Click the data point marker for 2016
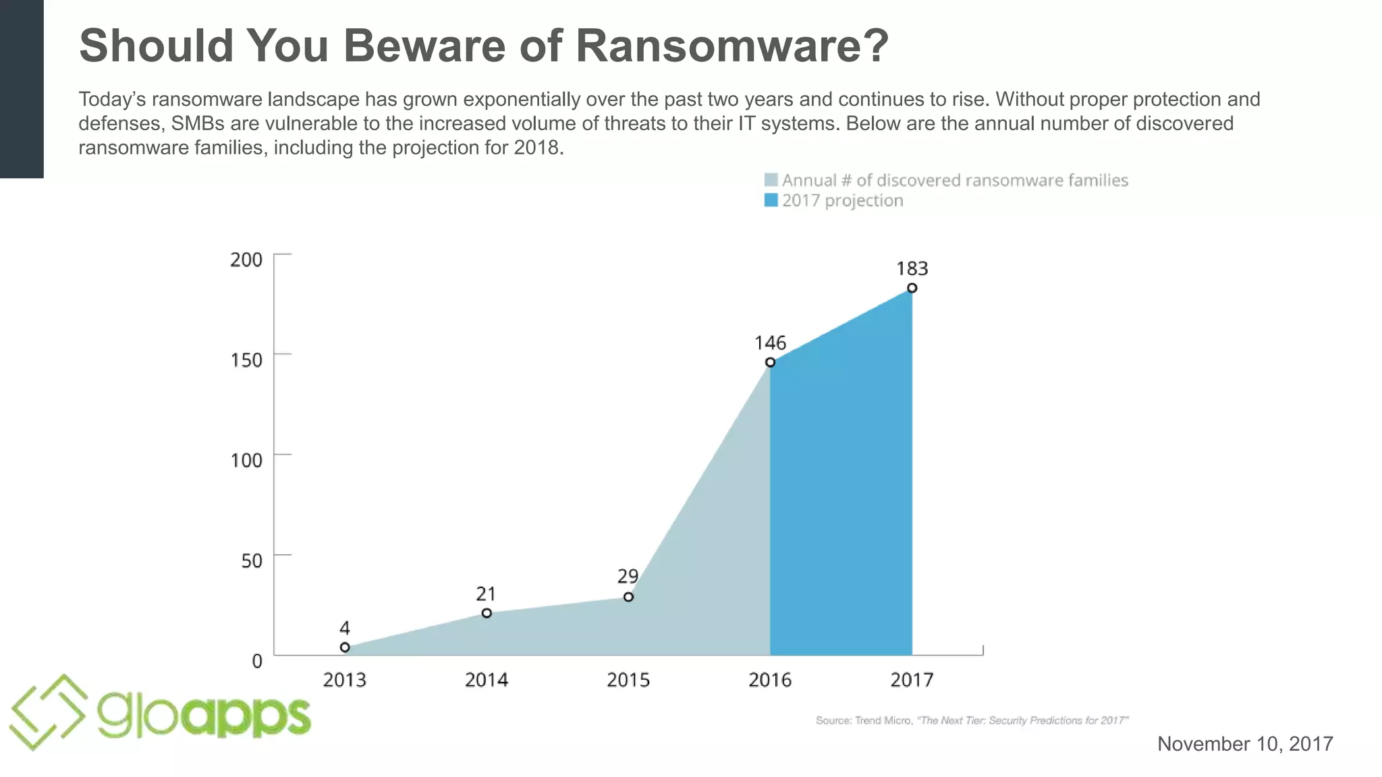tap(770, 362)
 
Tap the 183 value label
tap(912, 269)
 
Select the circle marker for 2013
tap(345, 647)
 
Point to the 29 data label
tap(628, 577)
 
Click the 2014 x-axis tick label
tap(486, 680)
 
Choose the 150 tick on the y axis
tap(246, 360)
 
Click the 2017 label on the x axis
tap(912, 680)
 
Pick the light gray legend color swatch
tap(771, 180)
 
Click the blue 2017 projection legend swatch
tap(771, 200)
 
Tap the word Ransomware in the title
tap(731, 46)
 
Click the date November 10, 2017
tap(1245, 744)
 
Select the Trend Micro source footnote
tap(972, 720)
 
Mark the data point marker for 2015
tap(628, 597)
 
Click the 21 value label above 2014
tap(486, 594)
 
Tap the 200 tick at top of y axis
tap(246, 260)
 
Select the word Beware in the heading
tap(452, 46)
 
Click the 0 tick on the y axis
tap(257, 662)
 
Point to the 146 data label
tap(770, 343)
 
